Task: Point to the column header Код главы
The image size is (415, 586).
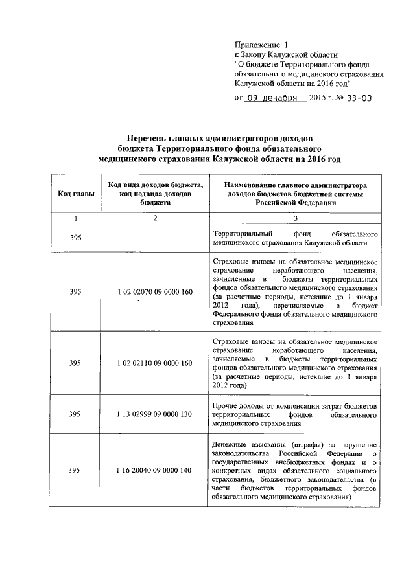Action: (x=75, y=194)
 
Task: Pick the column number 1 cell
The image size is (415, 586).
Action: (x=75, y=218)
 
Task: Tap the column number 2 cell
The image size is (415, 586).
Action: (x=156, y=218)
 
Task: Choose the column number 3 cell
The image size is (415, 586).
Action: (x=295, y=218)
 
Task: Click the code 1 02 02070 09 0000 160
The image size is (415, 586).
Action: (x=156, y=292)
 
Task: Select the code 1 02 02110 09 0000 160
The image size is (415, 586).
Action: (x=156, y=363)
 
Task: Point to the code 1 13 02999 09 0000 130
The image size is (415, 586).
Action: (x=156, y=414)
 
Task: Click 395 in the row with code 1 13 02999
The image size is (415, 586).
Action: (x=75, y=414)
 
